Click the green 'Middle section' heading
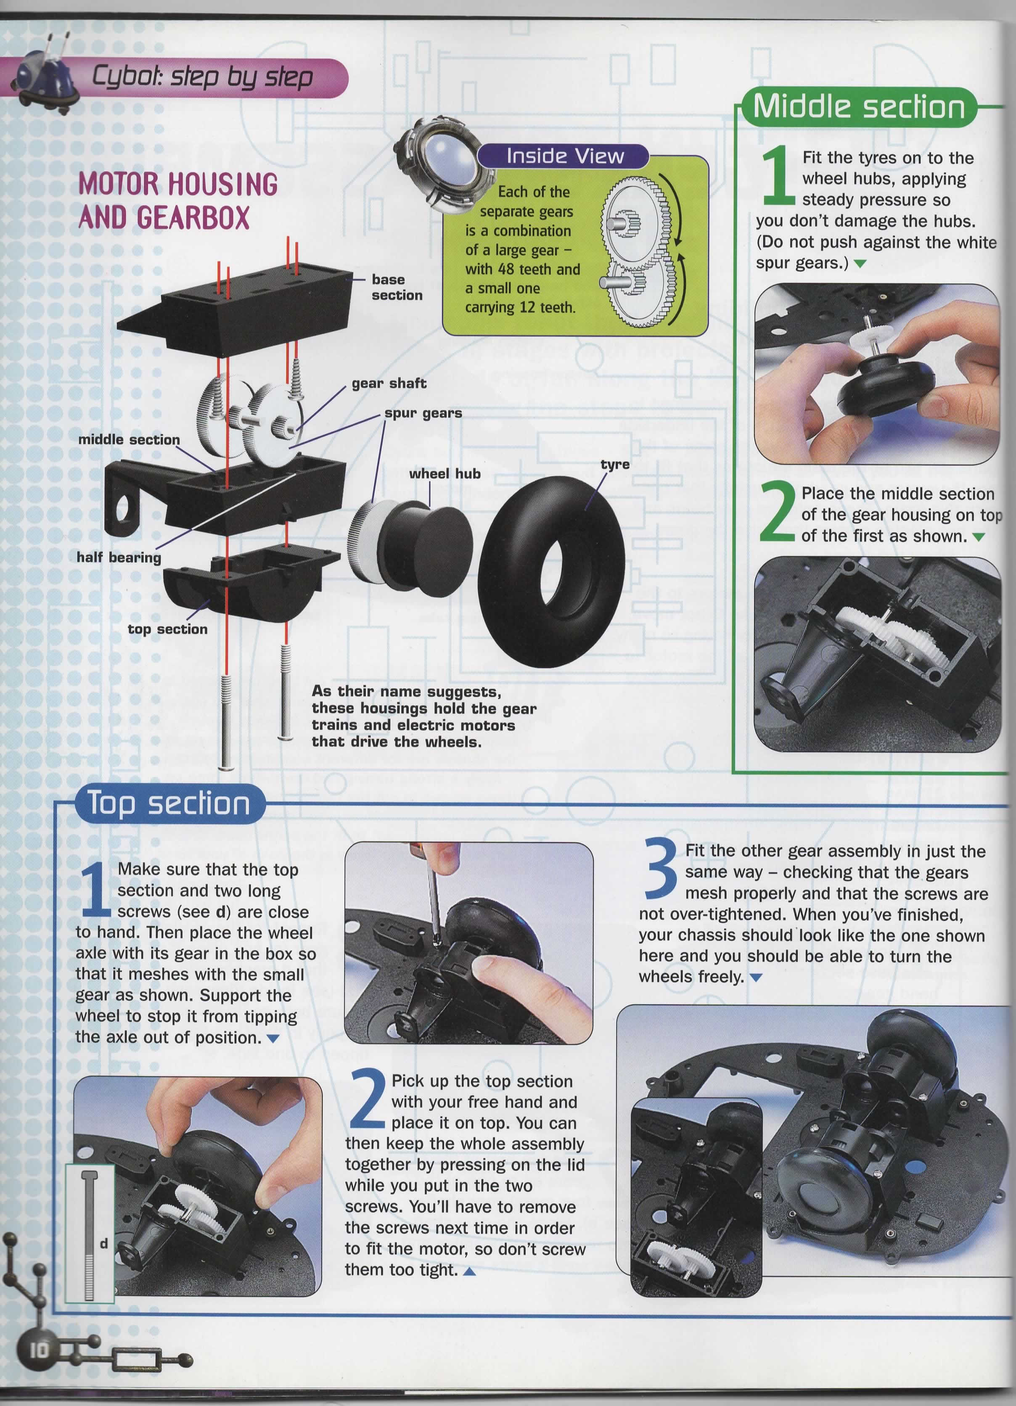[859, 107]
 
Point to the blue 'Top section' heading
[169, 803]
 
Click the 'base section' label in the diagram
[397, 287]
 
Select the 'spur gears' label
[423, 413]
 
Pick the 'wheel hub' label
[444, 473]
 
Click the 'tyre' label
[615, 464]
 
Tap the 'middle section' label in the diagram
[129, 439]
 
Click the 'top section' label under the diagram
[167, 629]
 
